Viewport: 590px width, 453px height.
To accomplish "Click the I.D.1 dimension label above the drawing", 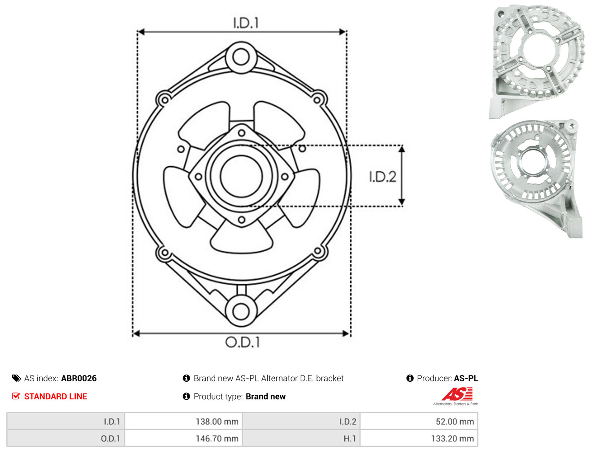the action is coord(246,23).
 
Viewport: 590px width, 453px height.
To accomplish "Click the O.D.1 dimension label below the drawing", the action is coord(243,342).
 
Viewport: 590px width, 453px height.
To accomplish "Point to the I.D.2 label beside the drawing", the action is coord(382,177).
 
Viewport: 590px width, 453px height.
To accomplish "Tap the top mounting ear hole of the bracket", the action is coord(241,57).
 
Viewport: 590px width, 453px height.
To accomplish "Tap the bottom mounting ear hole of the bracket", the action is coord(241,311).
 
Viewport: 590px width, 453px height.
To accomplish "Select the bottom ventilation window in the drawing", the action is coord(241,237).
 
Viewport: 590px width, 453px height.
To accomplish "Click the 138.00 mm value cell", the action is coord(183,422).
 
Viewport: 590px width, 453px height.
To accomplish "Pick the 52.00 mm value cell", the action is coord(419,422).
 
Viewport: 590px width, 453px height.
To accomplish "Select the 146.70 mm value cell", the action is coord(183,438).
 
